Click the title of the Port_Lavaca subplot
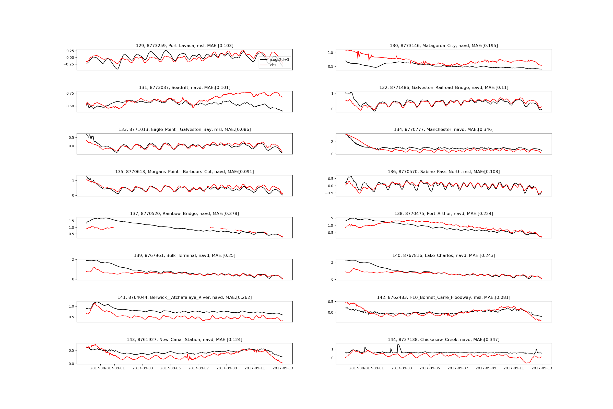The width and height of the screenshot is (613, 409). (184, 46)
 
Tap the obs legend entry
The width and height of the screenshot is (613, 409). (273, 65)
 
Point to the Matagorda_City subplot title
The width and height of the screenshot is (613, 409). (444, 46)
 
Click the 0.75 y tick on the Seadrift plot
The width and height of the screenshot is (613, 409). (70, 93)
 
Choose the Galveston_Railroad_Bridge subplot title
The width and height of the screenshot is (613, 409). (444, 88)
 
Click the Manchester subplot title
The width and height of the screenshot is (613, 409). (444, 130)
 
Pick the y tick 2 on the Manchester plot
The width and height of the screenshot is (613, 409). (332, 142)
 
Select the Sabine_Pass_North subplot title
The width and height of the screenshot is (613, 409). (444, 172)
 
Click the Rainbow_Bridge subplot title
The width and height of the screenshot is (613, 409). (184, 214)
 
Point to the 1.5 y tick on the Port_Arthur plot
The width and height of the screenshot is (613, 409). (330, 218)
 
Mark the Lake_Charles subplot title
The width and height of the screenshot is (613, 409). (444, 256)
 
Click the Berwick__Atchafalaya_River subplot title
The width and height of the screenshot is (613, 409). (184, 298)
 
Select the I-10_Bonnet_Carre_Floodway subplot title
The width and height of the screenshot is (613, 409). (444, 298)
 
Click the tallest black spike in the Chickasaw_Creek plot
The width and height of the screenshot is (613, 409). (398, 344)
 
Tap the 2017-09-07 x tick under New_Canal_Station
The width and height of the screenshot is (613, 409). (198, 368)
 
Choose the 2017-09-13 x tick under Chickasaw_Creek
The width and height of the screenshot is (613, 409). (541, 368)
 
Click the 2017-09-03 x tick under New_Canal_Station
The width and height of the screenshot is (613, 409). (143, 368)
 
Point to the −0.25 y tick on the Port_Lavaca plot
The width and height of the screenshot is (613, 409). (69, 64)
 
